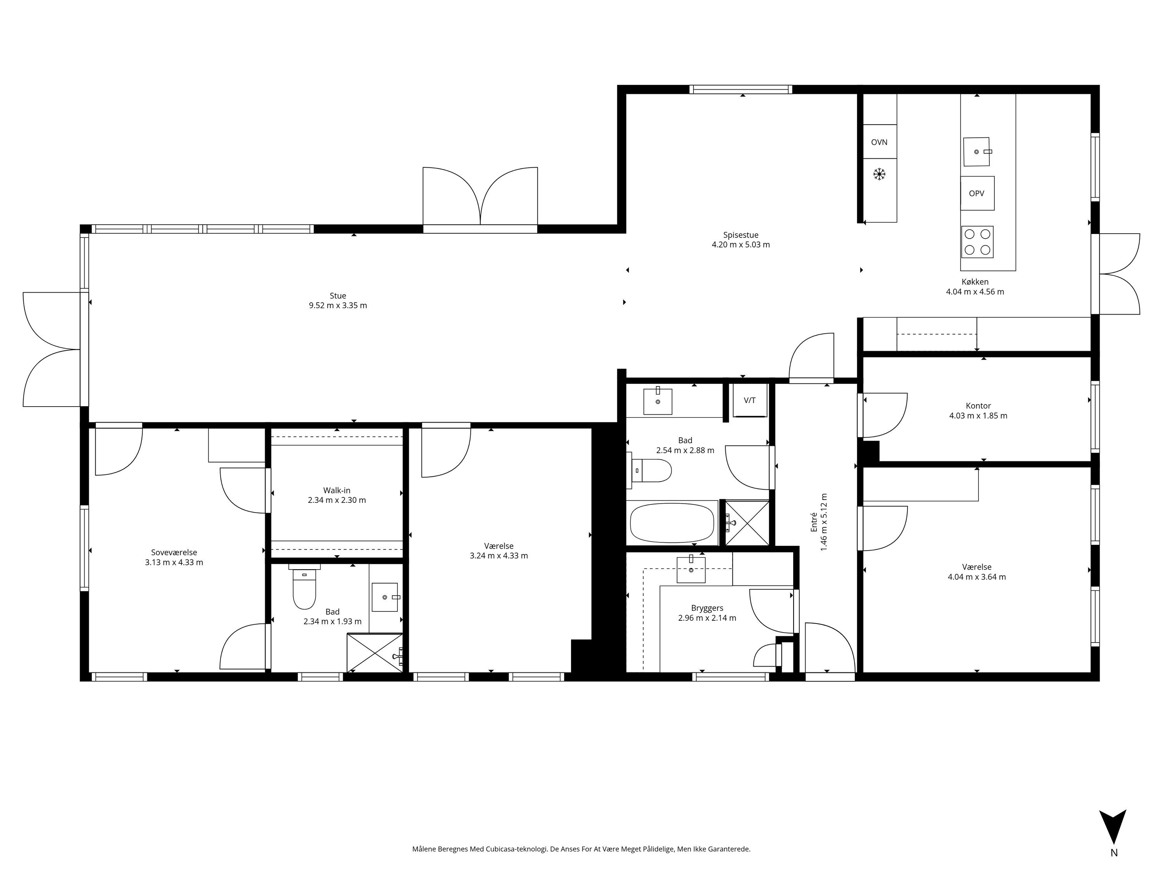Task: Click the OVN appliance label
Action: click(879, 142)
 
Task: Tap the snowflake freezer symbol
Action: click(879, 174)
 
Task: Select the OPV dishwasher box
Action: click(977, 193)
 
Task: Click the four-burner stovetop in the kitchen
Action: click(977, 242)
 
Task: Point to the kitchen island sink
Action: click(977, 152)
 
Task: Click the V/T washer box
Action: click(750, 400)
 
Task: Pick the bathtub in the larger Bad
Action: click(672, 523)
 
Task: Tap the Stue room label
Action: click(338, 296)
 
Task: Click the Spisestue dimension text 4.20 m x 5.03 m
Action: click(740, 245)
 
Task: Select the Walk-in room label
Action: click(336, 490)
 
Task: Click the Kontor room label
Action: click(978, 406)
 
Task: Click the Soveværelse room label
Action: click(174, 553)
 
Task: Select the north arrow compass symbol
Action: click(1113, 826)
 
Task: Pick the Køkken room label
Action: click(975, 282)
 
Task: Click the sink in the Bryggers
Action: click(691, 569)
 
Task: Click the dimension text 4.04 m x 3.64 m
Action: click(977, 577)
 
